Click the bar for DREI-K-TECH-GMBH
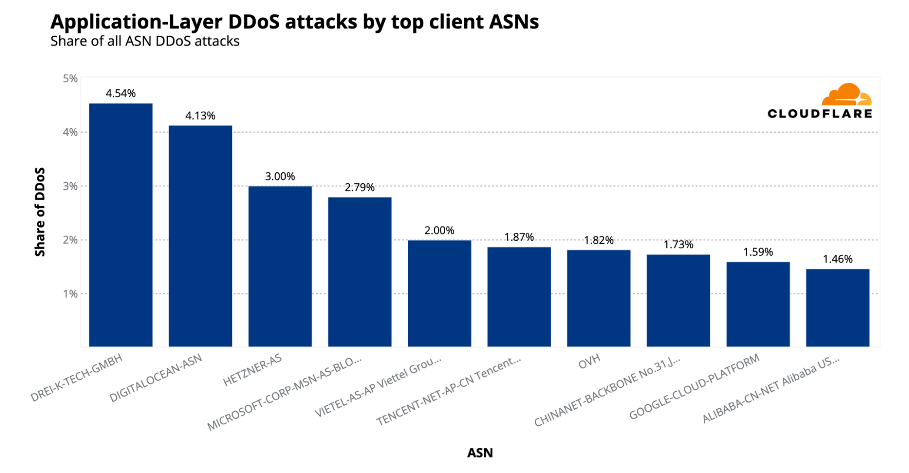coord(121,225)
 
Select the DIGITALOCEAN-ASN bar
coord(200,236)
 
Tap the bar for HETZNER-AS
coord(280,267)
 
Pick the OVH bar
coord(598,298)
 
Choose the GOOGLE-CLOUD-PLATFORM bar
coord(758,304)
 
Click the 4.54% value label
coord(121,94)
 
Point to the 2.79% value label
coord(359,187)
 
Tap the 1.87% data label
coord(519,237)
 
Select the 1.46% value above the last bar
coord(838,259)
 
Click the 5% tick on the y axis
coord(70,79)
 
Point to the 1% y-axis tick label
coord(70,294)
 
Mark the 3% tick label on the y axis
coord(70,186)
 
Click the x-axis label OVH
coord(589,362)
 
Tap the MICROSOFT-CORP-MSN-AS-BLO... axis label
coord(285,393)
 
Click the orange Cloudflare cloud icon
coord(846,95)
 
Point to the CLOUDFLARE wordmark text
coord(819,114)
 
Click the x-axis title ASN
coord(480,453)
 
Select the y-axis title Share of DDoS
coord(40,212)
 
